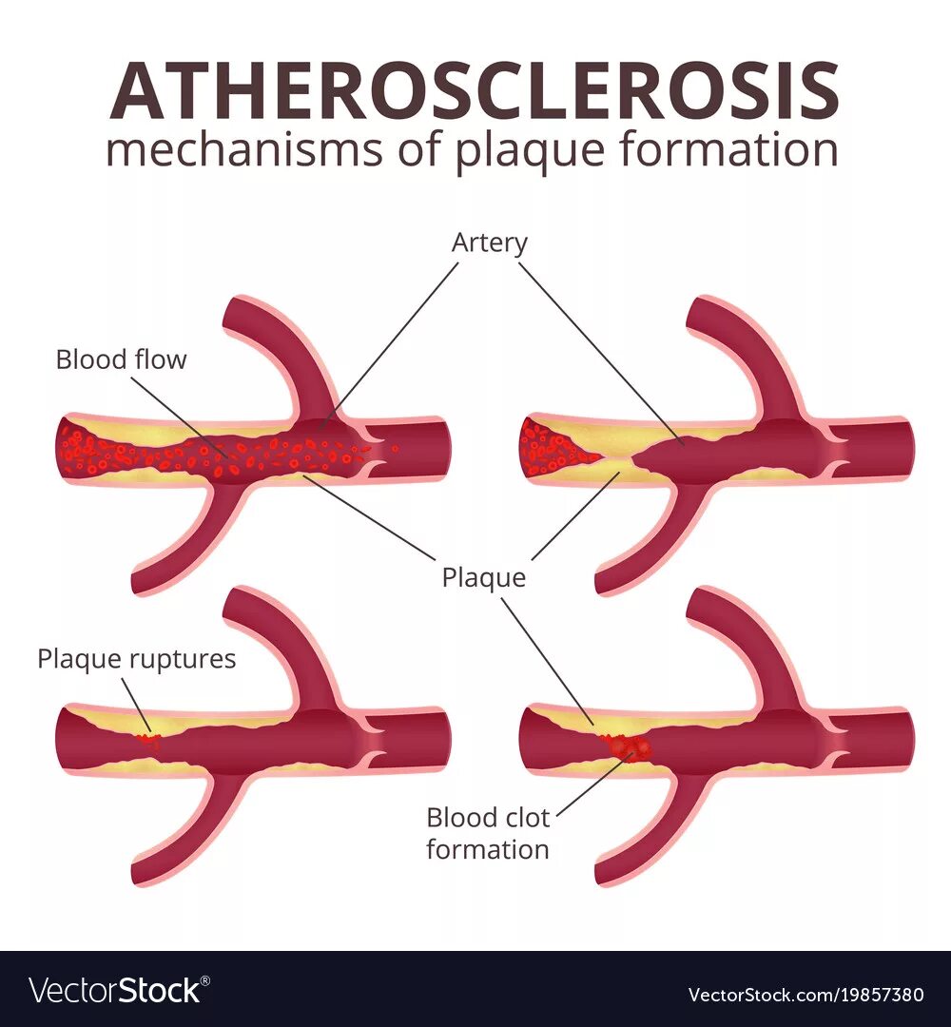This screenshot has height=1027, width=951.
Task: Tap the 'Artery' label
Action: click(x=489, y=242)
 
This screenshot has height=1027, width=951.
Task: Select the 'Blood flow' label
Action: click(x=121, y=359)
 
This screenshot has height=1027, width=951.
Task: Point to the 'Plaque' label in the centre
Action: click(x=483, y=577)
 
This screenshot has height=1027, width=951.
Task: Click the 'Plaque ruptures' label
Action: click(x=136, y=659)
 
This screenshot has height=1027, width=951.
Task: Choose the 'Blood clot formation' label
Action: click(x=487, y=832)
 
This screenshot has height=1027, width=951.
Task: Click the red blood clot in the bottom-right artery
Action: click(x=630, y=748)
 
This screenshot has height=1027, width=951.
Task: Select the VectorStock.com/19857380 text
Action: click(x=805, y=995)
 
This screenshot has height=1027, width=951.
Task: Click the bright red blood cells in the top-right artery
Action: click(x=552, y=447)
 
